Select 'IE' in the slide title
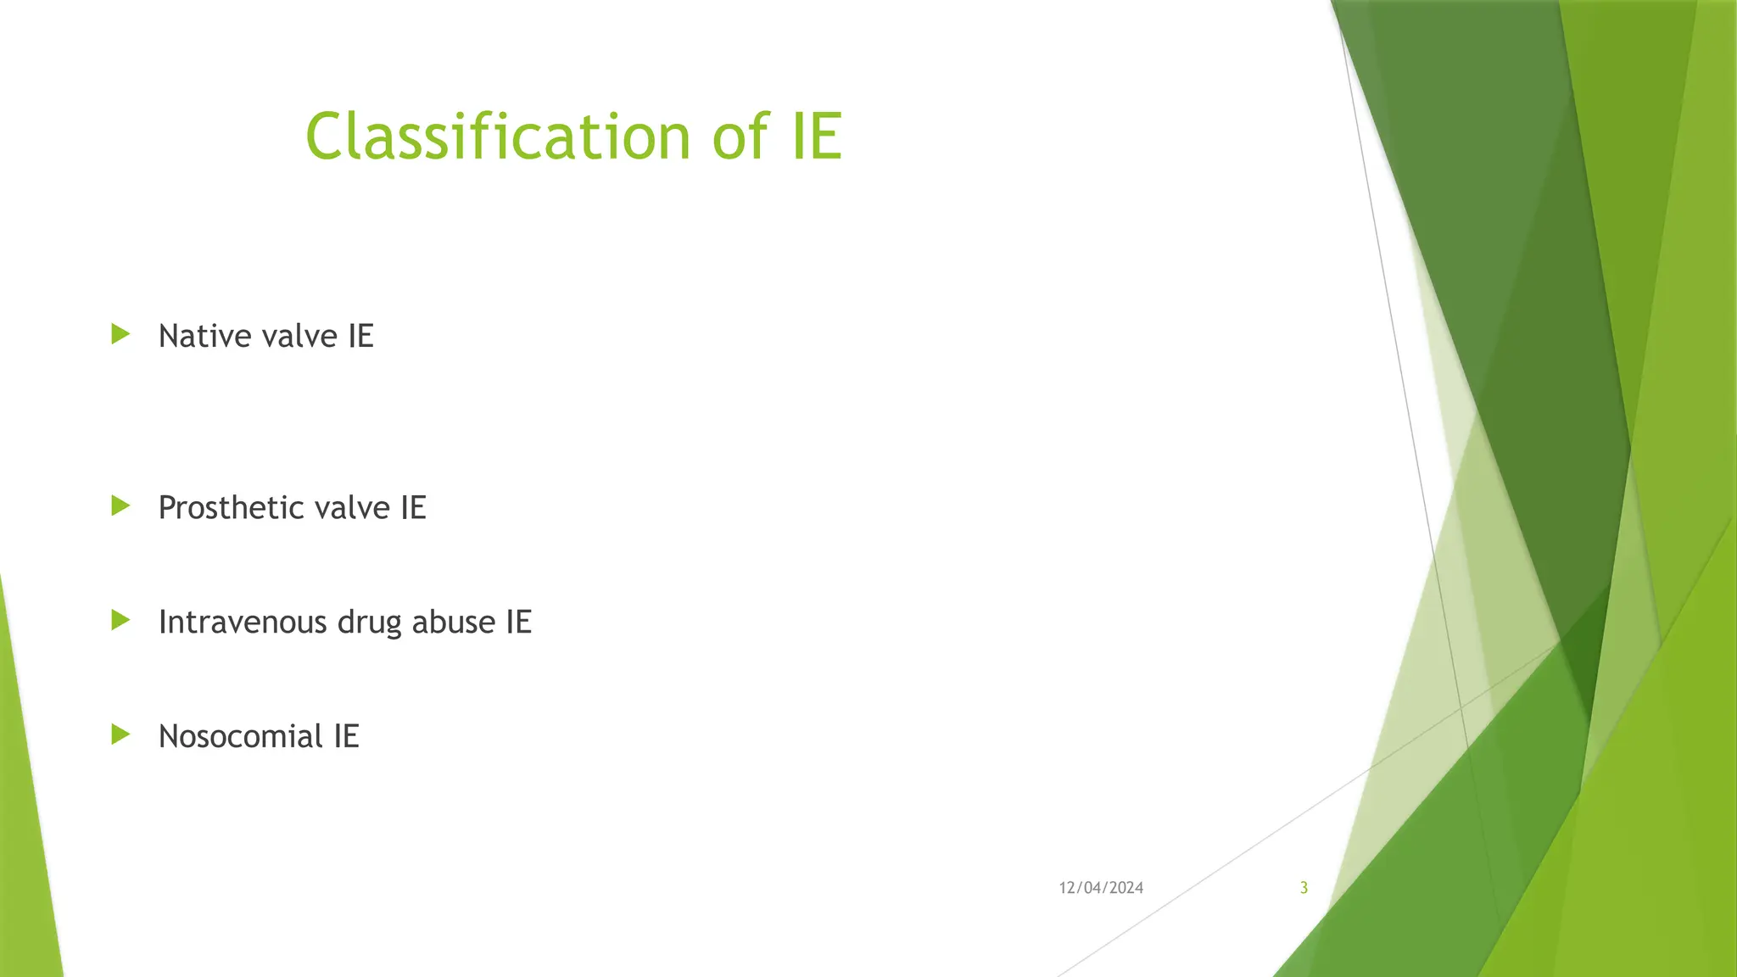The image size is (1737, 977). pyautogui.click(x=817, y=137)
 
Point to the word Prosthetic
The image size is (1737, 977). pyautogui.click(x=231, y=508)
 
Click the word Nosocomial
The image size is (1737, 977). pyautogui.click(x=240, y=736)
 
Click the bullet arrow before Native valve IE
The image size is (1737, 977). pyautogui.click(x=120, y=334)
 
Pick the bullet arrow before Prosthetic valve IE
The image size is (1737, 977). pyautogui.click(x=120, y=506)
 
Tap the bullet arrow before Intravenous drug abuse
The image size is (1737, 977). pyautogui.click(x=120, y=621)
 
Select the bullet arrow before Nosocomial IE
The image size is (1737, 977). pyautogui.click(x=120, y=734)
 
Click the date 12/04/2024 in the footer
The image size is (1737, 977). pyautogui.click(x=1100, y=888)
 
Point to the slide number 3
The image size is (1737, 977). pyautogui.click(x=1304, y=888)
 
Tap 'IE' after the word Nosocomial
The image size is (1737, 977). pyautogui.click(x=346, y=736)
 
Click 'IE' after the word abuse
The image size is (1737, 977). pyautogui.click(x=518, y=622)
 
